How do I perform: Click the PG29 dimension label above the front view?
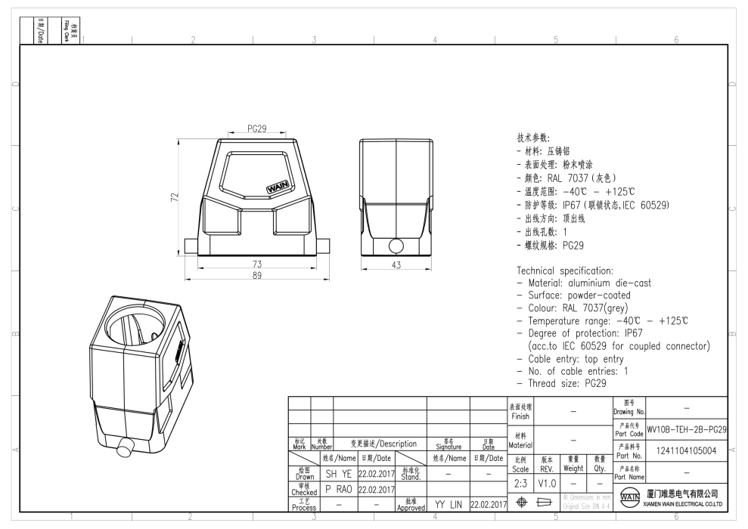(x=257, y=129)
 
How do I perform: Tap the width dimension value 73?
(x=257, y=264)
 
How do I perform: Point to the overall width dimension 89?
(x=257, y=276)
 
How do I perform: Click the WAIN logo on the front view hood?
(x=278, y=186)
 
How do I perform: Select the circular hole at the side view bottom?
(x=396, y=246)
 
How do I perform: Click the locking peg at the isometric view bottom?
(x=123, y=447)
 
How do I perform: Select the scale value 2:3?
(x=520, y=482)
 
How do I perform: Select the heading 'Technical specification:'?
(x=564, y=271)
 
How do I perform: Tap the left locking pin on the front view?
(x=191, y=246)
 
